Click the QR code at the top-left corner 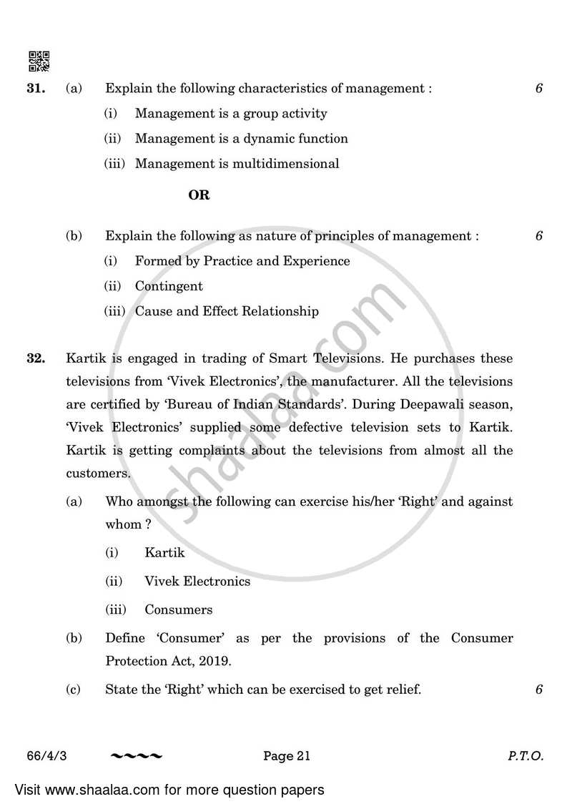coord(39,62)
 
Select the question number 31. coord(36,89)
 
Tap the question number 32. coord(36,358)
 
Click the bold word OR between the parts coord(199,195)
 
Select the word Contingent coord(169,286)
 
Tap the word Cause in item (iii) coord(152,311)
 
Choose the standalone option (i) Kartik coord(164,552)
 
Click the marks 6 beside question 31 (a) coord(538,89)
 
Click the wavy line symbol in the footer coord(136,755)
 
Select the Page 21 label coord(287,755)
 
